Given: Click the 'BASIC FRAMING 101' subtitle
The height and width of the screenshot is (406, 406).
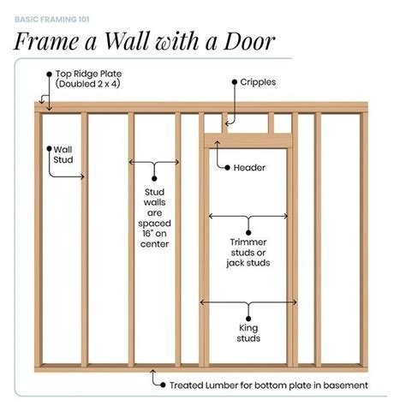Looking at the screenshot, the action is point(52,20).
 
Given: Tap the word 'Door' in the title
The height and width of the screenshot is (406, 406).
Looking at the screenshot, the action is point(249,41).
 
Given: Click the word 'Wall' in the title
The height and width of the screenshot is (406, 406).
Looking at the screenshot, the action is point(128,41).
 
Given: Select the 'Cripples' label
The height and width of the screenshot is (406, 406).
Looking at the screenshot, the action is point(258,82).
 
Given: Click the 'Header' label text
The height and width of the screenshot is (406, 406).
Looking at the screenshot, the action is point(249,168).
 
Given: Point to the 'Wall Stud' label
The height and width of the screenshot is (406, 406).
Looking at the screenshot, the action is point(63,154).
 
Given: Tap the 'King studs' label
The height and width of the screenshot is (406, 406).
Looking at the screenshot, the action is point(248,333).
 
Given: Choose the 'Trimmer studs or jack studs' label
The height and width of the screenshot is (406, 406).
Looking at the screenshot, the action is point(248,253).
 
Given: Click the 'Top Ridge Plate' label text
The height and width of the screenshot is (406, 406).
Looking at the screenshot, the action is point(88,74).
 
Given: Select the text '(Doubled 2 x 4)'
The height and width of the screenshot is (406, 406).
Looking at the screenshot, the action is point(87,84).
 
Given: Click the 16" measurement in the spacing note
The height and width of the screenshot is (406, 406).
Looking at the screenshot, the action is point(147,234).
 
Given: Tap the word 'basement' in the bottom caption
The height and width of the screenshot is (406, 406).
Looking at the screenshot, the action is point(345,385).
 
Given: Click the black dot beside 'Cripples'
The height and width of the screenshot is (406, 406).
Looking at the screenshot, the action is point(235,82).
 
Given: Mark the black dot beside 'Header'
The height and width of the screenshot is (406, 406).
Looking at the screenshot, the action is point(227,168).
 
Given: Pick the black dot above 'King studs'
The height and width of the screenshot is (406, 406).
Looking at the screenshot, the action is point(248,319).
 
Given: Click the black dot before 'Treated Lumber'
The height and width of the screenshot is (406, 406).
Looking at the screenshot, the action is point(163,385).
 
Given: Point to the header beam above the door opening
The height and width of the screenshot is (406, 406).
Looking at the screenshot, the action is point(248,140).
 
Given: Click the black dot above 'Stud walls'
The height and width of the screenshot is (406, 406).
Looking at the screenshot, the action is point(154,179).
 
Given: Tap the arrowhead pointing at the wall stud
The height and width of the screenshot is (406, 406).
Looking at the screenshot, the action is point(82,176).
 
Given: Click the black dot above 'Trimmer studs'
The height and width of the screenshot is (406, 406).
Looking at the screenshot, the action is point(248,233).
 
